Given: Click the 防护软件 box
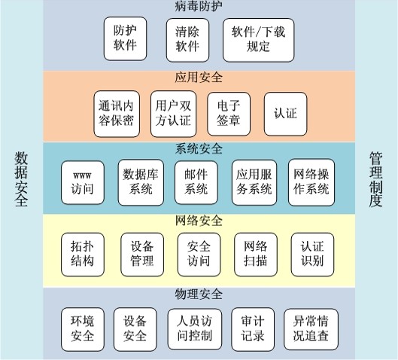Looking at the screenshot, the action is [125, 38].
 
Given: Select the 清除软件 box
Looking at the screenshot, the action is [187, 40].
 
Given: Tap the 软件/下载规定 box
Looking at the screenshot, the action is [258, 40].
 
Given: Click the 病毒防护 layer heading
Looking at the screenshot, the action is [199, 6].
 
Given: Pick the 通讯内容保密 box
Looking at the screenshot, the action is [117, 114].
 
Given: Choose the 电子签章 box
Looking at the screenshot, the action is [229, 114].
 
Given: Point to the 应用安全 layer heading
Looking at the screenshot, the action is [199, 78].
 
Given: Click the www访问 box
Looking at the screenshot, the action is [83, 182].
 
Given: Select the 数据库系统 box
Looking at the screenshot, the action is [141, 182].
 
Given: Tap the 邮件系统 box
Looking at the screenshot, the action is [196, 182].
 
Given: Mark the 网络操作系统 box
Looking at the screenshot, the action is [311, 182].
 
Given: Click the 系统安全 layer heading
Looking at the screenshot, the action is [199, 149].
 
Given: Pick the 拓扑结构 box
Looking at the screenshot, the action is [83, 255].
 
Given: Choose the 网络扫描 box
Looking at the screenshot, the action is [256, 255].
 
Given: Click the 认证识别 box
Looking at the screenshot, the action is [312, 255].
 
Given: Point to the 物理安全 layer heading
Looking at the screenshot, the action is [199, 294].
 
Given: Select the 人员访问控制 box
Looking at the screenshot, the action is [194, 329].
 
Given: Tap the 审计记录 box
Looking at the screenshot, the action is [253, 329].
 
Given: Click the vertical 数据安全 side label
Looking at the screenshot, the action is [21, 179].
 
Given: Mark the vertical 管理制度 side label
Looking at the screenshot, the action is [375, 179].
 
